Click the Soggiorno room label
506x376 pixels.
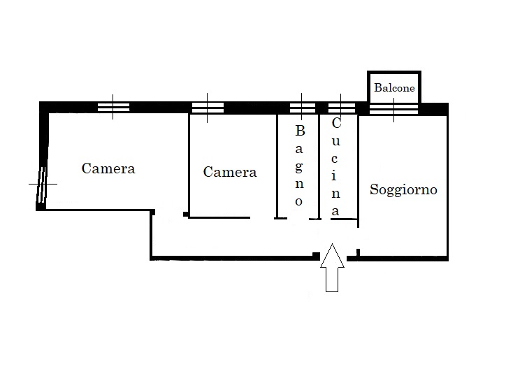click(403, 189)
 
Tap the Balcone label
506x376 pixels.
click(394, 88)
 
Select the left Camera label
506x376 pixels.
click(108, 168)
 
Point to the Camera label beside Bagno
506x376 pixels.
click(230, 172)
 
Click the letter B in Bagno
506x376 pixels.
click(300, 130)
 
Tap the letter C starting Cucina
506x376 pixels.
click(336, 124)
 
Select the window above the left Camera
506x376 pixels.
click(113, 107)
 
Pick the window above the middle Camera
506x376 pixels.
click(208, 108)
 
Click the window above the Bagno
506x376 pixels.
click(303, 108)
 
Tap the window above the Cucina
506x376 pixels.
click(342, 108)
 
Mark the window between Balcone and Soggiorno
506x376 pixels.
click(393, 108)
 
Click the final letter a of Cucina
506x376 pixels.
click(336, 210)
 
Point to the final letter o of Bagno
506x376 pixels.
click(300, 201)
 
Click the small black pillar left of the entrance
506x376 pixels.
click(316, 256)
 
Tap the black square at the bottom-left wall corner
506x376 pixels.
click(41, 205)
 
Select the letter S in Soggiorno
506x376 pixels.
click(375, 189)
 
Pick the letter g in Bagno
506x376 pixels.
click(300, 166)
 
